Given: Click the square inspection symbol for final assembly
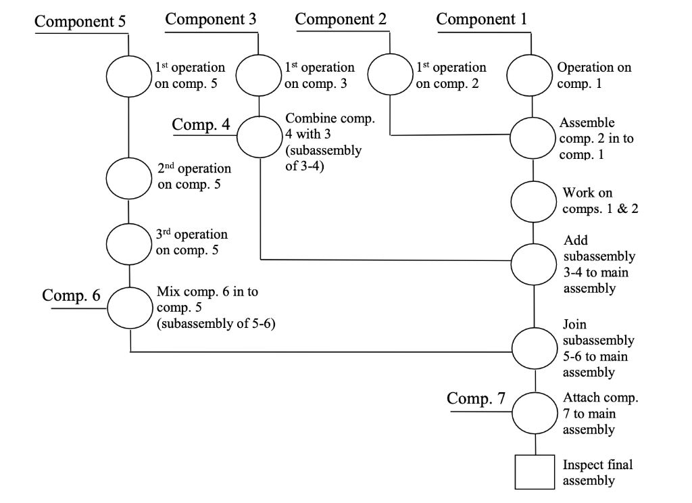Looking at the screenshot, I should pos(535,471).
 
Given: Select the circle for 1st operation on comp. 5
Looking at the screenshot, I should pos(128,76).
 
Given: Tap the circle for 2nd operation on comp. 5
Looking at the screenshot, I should pos(128,177).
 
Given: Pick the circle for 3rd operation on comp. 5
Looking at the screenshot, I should pos(128,243).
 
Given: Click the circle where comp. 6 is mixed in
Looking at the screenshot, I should pos(128,307).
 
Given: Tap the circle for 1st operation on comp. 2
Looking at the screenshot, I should pos(389,76).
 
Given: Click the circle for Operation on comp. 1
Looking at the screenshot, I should pos(530,75).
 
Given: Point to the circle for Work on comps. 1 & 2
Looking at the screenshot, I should pos(534,201).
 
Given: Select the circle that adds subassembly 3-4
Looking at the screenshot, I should pos(534,264).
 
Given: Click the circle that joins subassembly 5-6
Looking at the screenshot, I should pos(535,348).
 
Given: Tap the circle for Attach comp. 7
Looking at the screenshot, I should pos(535,412).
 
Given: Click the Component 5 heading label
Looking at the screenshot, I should pos(80,21).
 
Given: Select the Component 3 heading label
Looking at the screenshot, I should pos(211,19).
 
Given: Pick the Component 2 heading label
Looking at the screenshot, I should pos(341,19).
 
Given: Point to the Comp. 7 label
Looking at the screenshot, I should pos(476,399).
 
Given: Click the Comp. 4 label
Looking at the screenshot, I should pos(201,124).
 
